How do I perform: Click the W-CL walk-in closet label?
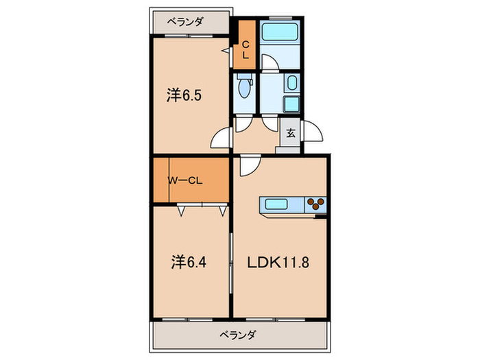click(x=185, y=181)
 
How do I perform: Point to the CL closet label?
click(x=245, y=49)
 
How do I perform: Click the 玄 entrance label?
click(x=290, y=133)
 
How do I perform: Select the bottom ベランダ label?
click(x=238, y=335)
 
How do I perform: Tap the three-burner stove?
click(x=316, y=204)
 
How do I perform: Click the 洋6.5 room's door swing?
click(x=221, y=139)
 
